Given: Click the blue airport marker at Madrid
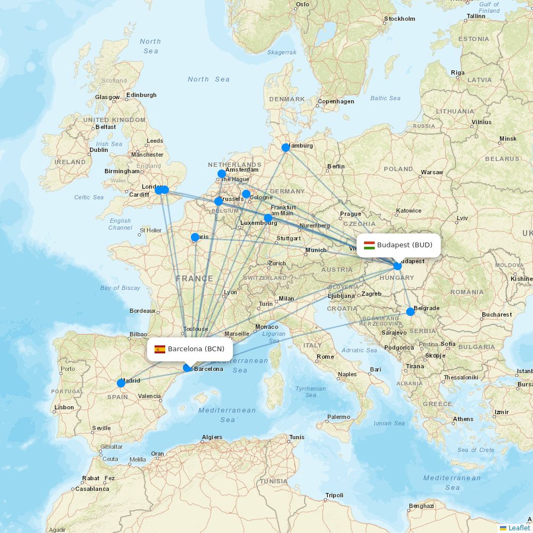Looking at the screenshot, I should point(121,383).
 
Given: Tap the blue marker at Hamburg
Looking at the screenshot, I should point(286,148).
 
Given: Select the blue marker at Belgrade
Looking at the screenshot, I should point(410,312).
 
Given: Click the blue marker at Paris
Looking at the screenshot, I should point(195,237).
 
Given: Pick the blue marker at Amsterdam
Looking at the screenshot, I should point(222,174).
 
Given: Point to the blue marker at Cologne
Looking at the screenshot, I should point(246,194).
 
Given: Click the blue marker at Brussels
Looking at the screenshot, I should point(219,201).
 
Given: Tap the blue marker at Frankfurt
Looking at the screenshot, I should point(268,218).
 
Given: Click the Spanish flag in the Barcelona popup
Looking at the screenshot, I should point(160,350).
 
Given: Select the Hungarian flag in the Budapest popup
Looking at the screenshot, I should point(369,245).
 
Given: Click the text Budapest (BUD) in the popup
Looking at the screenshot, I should point(405,245).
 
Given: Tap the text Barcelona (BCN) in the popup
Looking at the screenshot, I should point(196,349).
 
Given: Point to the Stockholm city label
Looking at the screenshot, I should point(399,19).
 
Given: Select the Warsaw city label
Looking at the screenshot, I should point(432,172).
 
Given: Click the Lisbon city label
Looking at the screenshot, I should point(64,407).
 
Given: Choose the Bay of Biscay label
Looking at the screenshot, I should point(120,288).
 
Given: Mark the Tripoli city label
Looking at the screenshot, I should point(334,495).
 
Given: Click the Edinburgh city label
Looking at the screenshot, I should point(142,95).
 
